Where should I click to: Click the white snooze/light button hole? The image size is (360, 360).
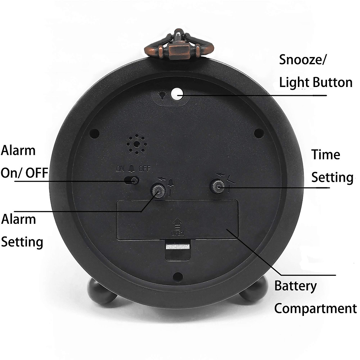point(177,94)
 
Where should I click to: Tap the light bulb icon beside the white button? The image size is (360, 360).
point(163,95)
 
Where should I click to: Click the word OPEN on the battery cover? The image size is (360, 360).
point(178,233)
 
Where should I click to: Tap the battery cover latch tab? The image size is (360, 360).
point(178,247)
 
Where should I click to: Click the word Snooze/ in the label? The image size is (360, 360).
point(302,60)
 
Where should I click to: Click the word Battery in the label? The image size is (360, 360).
point(295,286)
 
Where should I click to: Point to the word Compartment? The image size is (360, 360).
point(315,308)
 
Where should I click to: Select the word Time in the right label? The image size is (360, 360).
point(325,155)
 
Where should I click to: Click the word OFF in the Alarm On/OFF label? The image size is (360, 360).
point(37,173)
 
